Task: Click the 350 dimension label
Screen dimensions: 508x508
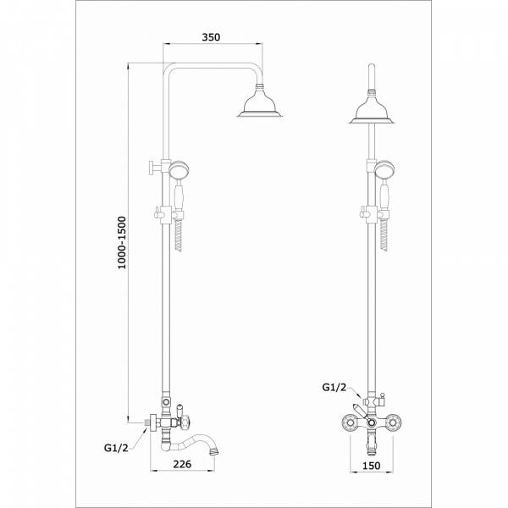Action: point(211,37)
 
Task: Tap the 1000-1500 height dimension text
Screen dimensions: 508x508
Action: point(122,243)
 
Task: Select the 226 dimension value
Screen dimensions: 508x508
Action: point(182,464)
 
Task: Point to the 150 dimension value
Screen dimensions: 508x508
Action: point(372,466)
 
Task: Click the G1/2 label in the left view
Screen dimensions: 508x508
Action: point(116,448)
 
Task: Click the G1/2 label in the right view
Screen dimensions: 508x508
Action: point(334,387)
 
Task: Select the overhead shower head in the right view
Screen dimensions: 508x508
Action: point(372,109)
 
